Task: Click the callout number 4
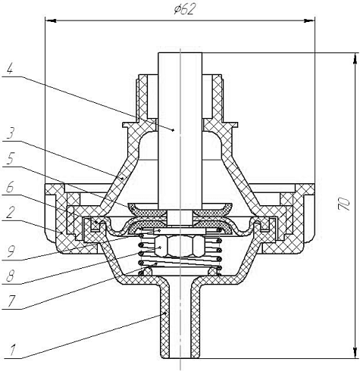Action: click(x=10, y=68)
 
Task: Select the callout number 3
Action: click(x=10, y=133)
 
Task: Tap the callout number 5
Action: click(x=10, y=158)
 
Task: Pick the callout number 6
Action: click(x=10, y=188)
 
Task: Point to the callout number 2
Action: click(x=10, y=213)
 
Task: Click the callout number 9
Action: click(x=11, y=251)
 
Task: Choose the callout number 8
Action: click(x=10, y=276)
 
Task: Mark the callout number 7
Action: click(x=11, y=301)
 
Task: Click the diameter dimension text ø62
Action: click(x=184, y=10)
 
